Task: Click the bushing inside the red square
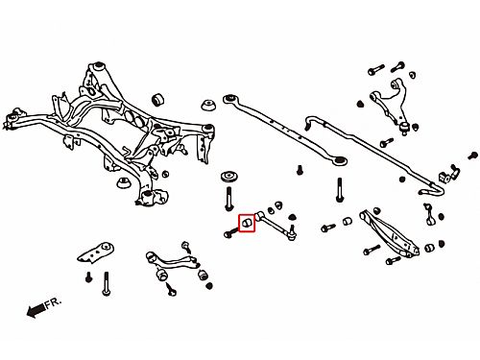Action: point(247,223)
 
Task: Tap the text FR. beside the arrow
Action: point(53,303)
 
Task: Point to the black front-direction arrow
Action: point(36,310)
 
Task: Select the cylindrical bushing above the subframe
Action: point(158,100)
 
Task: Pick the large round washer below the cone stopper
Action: point(229,178)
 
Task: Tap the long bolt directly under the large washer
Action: point(228,199)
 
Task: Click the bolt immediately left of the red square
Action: point(230,233)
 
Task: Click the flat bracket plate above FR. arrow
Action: point(96,252)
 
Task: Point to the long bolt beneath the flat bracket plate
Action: point(107,283)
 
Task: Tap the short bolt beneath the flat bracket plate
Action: point(89,277)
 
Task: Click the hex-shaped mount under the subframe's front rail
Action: point(124,182)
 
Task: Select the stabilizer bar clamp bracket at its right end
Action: point(448,174)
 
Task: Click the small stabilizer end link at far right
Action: point(429,213)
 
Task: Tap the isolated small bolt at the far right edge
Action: point(472,156)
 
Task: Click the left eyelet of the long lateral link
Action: point(229,99)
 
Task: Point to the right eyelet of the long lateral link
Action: point(339,160)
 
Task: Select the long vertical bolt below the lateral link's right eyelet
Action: point(340,190)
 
